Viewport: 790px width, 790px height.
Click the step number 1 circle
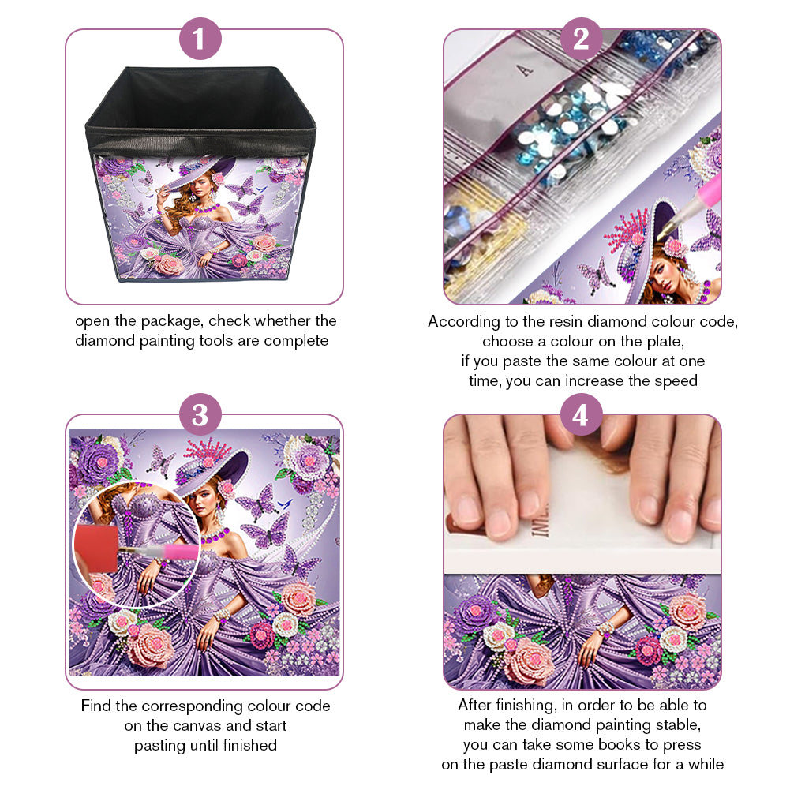coord(200,39)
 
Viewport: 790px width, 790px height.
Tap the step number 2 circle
coord(581,39)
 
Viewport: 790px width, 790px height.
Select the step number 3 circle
coord(200,414)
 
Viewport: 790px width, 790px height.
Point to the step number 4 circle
coord(581,414)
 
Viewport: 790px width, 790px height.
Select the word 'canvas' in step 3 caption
coord(197,725)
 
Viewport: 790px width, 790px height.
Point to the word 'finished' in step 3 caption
coord(250,745)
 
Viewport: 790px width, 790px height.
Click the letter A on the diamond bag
coord(526,70)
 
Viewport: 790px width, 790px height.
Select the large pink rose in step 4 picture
coord(529,660)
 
